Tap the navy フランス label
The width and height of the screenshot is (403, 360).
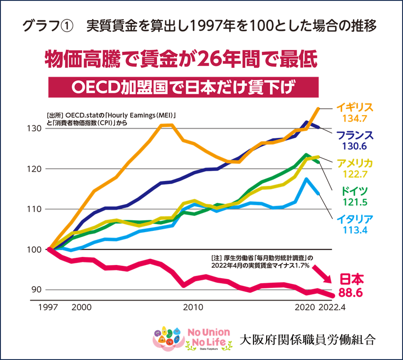coord(355,135)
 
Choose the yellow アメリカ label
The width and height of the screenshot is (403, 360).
coord(355,163)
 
